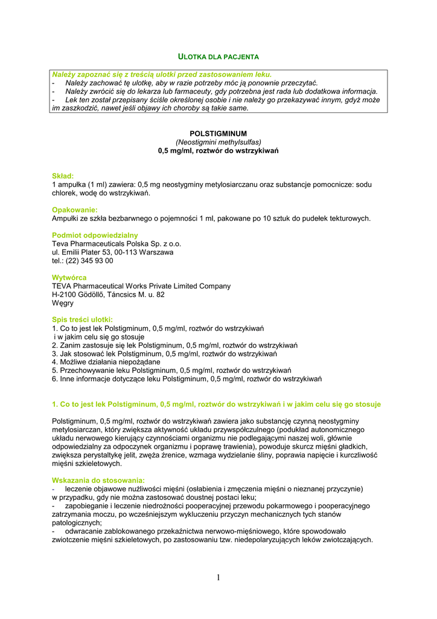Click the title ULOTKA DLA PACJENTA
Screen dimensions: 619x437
[x=218, y=56]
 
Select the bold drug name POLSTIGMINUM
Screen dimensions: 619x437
[x=218, y=133]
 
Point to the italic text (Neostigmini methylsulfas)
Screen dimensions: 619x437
[x=218, y=141]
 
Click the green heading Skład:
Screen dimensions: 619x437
[x=63, y=175]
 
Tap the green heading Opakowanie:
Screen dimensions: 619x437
[x=75, y=210]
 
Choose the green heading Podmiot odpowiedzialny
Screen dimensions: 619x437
[x=95, y=235]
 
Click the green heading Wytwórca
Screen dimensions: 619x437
[x=69, y=277]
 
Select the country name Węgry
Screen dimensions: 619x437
[x=63, y=303]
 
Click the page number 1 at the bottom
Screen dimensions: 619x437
[x=218, y=578]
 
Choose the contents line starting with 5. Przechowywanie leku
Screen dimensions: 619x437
[x=171, y=371]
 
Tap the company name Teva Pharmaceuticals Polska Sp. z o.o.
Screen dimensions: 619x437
[x=116, y=244]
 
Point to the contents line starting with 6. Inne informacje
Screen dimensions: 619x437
[x=187, y=379]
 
